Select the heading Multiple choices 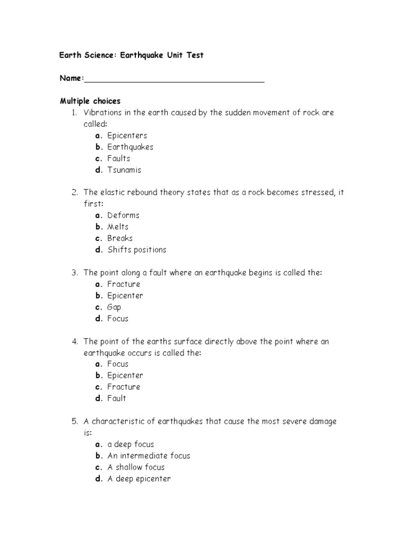[90, 101]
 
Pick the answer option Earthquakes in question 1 [130, 147]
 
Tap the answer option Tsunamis [124, 170]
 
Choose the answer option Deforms [123, 215]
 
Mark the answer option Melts [118, 227]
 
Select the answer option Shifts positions [136, 249]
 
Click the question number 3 [75, 272]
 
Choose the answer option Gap [114, 307]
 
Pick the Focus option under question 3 [118, 319]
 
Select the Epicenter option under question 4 [125, 375]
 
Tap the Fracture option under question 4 [124, 387]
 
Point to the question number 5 [75, 421]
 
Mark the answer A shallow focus [136, 467]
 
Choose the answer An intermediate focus [149, 455]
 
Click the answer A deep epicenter [139, 479]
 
